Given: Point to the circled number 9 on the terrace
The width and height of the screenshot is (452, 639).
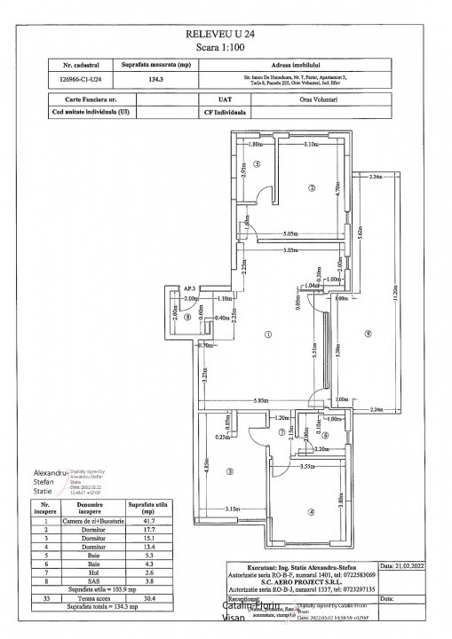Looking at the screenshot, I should coord(366,333).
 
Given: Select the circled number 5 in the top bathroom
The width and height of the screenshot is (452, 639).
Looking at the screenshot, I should coord(255,164).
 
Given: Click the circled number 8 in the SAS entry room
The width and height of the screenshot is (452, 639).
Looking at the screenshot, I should coord(176,317).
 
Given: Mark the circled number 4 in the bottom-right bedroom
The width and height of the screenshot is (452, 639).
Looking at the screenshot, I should coord(311,511).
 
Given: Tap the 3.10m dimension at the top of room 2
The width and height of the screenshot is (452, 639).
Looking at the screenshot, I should coord(311,144).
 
